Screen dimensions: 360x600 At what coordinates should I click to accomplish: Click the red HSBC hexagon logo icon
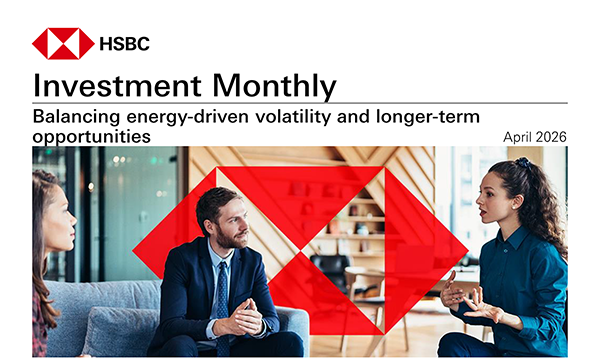click(62, 44)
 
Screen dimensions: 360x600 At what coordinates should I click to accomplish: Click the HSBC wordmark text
click(125, 44)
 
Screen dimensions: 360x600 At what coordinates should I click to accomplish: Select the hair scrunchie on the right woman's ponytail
click(523, 162)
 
